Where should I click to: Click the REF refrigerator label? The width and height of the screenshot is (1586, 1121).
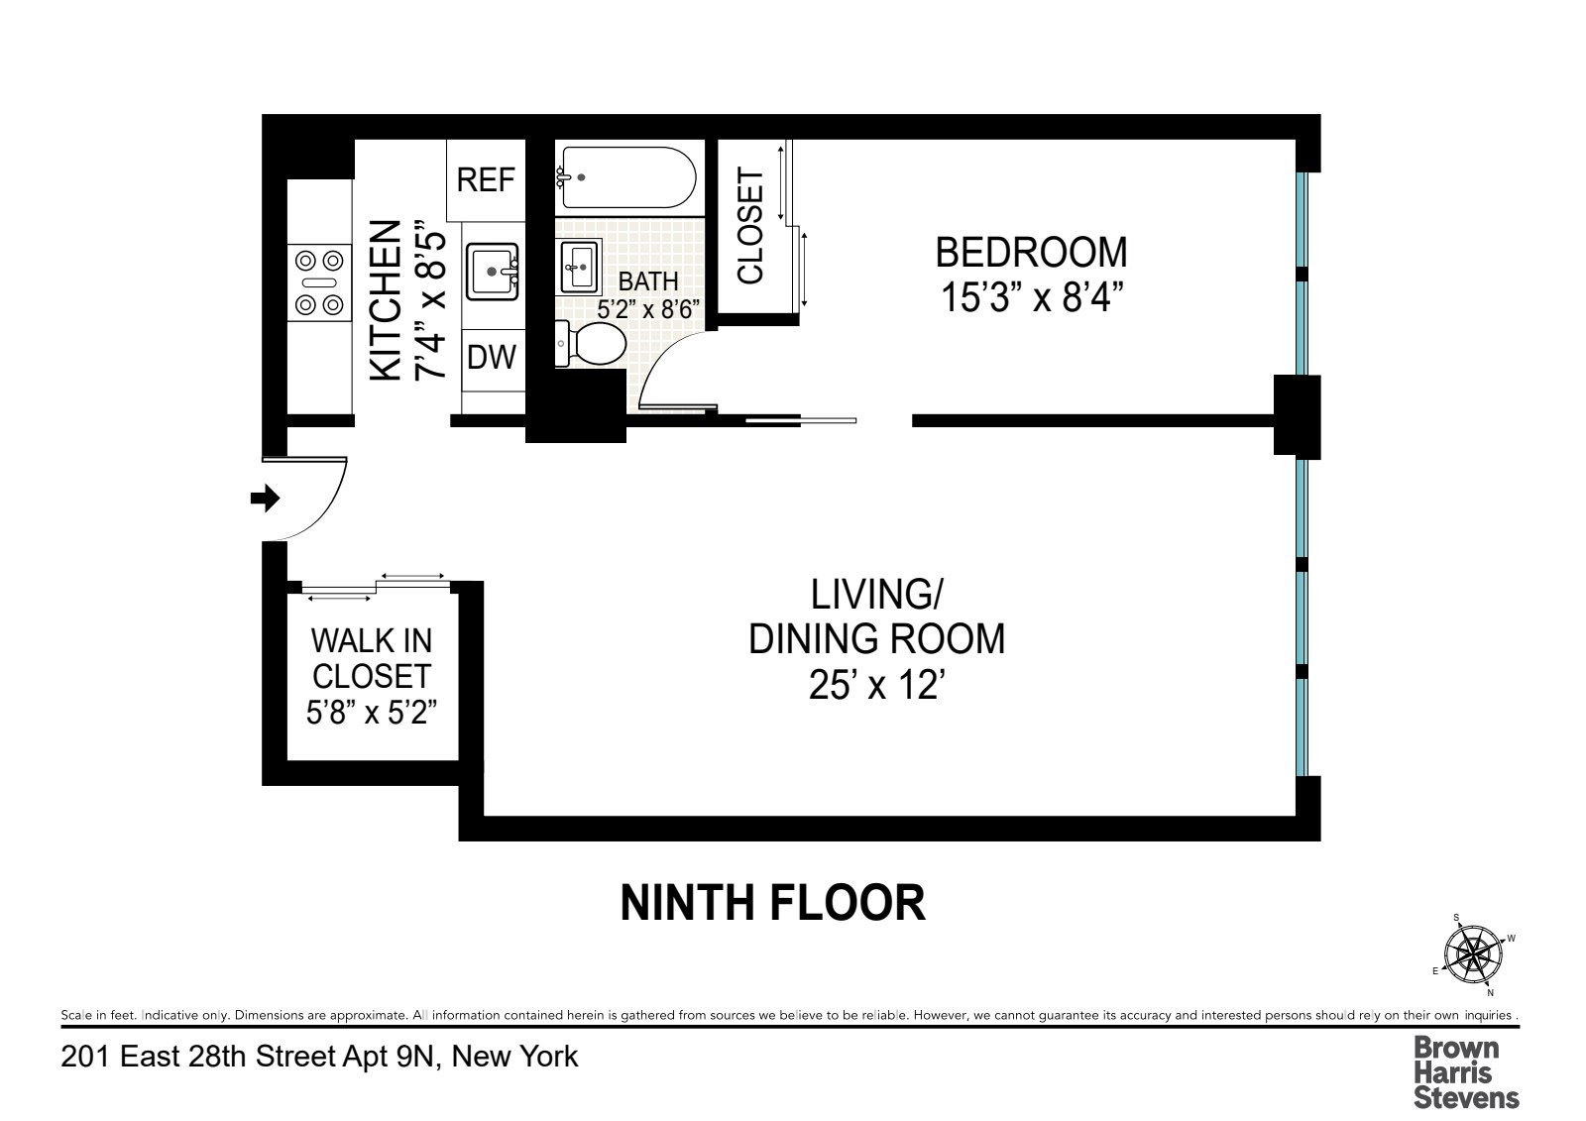[486, 179]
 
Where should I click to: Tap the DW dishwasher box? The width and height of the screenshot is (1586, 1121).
[492, 357]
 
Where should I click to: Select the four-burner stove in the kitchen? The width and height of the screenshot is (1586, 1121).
[319, 282]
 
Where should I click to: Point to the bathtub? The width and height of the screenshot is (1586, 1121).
[625, 177]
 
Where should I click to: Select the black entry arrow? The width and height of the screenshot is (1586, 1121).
[265, 499]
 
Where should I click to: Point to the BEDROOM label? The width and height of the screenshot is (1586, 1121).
[1031, 253]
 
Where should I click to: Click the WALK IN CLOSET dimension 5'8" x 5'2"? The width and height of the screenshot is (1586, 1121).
[372, 712]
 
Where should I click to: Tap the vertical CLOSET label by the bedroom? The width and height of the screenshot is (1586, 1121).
[751, 227]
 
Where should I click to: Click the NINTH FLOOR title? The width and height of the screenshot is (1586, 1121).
[772, 903]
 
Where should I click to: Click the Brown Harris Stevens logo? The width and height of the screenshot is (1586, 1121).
[1465, 1071]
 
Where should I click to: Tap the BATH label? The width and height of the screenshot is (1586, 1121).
[648, 281]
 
